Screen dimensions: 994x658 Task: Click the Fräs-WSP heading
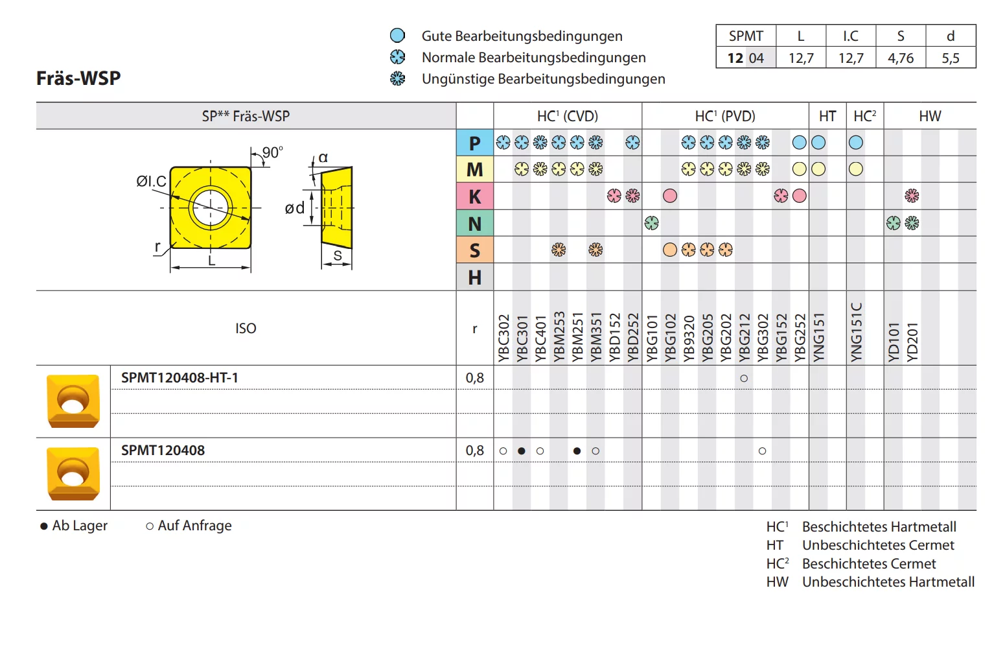[78, 78]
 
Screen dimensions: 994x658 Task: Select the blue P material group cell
[474, 143]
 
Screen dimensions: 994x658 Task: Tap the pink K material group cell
[474, 196]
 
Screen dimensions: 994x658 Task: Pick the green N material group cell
[474, 223]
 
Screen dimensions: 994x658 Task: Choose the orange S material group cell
[474, 250]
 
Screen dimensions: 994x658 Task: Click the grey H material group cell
[474, 277]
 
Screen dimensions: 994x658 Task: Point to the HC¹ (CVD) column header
[568, 116]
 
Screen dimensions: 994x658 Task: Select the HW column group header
[930, 116]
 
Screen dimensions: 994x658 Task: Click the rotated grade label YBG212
[744, 338]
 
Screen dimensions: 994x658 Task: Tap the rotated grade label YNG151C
[856, 332]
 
